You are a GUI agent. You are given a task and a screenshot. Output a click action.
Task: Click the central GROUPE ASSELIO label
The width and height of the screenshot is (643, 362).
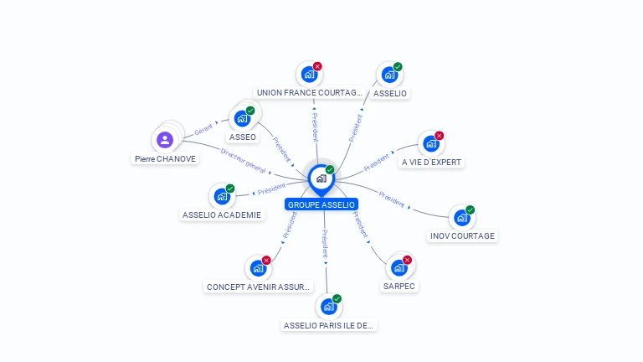(321, 204)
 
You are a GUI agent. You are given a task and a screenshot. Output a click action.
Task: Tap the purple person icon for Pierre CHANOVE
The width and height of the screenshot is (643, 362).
(165, 139)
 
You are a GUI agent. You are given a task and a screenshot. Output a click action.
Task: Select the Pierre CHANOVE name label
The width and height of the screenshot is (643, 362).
(165, 158)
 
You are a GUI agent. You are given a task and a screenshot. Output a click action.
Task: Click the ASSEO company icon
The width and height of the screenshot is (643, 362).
(243, 118)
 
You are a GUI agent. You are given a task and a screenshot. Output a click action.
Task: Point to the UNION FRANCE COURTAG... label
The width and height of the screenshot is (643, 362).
(310, 93)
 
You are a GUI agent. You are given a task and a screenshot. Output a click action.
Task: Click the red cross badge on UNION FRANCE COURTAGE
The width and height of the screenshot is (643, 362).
(317, 66)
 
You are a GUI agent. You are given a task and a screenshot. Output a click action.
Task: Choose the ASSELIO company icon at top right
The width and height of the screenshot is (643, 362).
(389, 75)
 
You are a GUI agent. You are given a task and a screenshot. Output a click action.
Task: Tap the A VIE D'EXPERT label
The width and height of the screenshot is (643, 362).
(431, 162)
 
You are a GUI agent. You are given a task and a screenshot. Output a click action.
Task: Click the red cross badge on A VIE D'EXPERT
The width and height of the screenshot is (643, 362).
(439, 136)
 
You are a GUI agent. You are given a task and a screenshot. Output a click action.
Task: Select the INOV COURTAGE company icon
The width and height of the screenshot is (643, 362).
(461, 218)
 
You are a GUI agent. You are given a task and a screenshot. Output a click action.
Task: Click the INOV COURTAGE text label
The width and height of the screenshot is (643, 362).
(462, 236)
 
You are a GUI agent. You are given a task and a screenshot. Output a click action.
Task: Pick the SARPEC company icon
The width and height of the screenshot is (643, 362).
(399, 268)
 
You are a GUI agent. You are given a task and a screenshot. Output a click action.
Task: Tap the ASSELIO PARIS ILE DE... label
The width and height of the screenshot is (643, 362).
(329, 325)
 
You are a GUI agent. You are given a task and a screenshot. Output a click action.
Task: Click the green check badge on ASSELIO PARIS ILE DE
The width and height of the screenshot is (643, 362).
(337, 299)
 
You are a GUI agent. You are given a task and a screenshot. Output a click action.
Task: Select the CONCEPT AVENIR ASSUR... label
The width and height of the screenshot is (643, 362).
(259, 287)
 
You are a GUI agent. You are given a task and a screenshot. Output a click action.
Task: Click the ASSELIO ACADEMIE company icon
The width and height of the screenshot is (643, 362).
(222, 197)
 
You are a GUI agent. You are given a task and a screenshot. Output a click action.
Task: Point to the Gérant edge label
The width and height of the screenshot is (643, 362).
(203, 130)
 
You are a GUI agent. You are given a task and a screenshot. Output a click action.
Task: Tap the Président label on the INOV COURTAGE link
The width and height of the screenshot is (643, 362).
(391, 199)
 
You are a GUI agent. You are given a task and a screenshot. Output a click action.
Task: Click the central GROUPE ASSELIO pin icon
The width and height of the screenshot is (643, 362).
(321, 178)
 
